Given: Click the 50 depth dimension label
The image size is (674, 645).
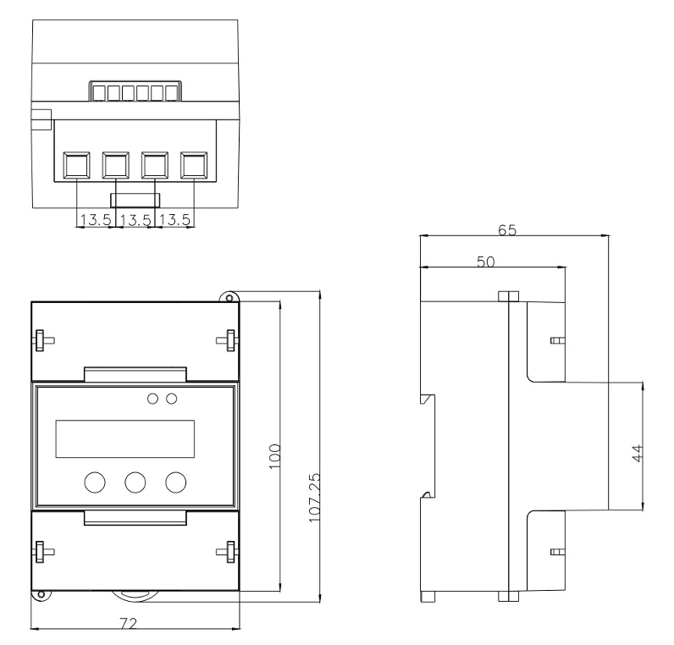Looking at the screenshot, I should (486, 262).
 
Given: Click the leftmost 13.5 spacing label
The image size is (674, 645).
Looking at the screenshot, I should (94, 220).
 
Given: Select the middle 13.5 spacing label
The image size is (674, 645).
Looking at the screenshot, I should (133, 220).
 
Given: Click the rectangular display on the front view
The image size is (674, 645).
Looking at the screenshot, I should (124, 439).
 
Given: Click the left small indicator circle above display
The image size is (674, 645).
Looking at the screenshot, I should (154, 398).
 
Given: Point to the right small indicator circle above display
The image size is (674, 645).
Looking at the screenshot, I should (172, 398).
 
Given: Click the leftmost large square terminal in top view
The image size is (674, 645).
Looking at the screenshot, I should (77, 164).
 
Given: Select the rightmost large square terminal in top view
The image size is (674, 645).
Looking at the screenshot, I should (194, 164).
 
